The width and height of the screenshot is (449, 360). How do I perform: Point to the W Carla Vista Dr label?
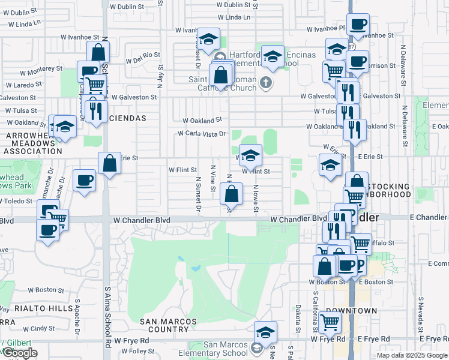click(x=201, y=134)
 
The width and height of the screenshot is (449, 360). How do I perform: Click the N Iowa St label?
click(x=256, y=196)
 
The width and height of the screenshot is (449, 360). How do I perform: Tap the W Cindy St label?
click(x=39, y=328)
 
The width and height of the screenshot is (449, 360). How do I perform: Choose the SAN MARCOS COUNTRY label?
click(x=168, y=325)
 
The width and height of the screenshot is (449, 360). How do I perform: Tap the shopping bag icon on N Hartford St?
click(x=231, y=194)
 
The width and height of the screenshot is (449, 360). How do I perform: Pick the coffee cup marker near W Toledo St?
click(x=84, y=180)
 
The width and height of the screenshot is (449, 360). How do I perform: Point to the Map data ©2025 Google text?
click(x=412, y=355)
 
